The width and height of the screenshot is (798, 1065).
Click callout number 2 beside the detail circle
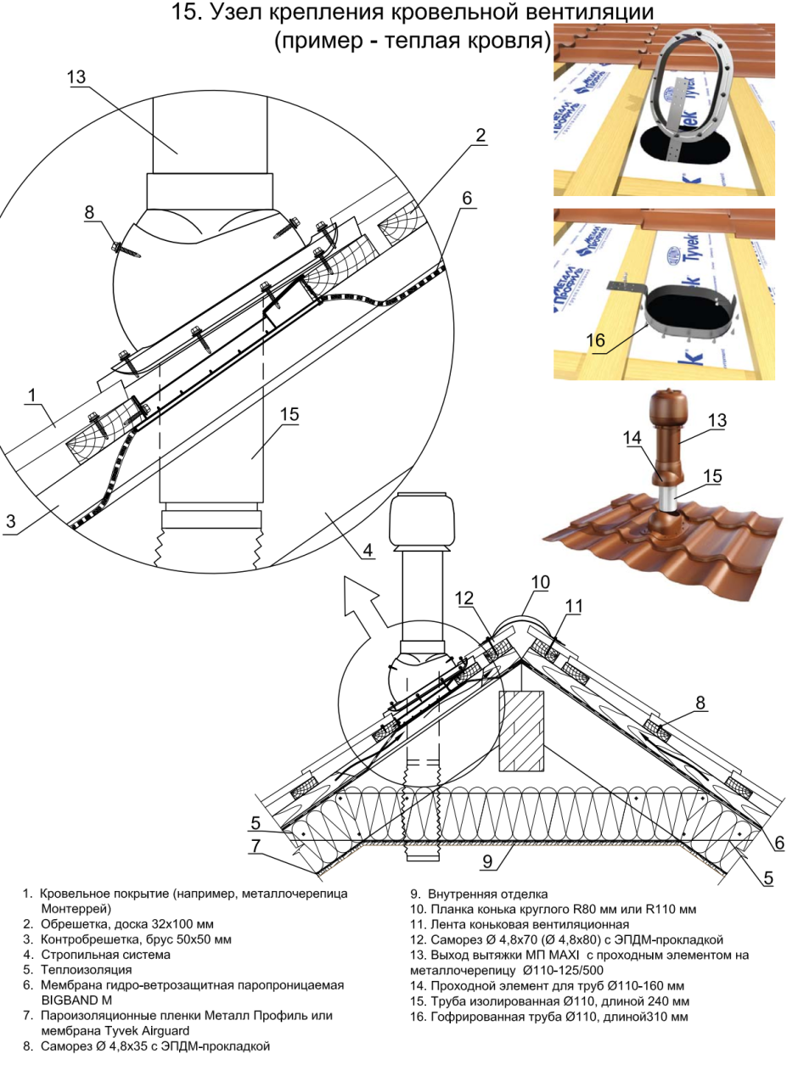pos(480,135)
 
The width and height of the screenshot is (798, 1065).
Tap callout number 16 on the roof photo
pos(596,339)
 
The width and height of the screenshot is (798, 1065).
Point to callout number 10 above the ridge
pos(540,582)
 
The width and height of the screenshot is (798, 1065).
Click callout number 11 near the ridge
pos(575,607)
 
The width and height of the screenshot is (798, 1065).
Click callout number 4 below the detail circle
pos(366,550)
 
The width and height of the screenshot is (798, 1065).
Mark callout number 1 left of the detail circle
pos(31,394)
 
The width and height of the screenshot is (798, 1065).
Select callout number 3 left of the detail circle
pos(11,521)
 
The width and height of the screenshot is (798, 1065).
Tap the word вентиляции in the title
pos(585,14)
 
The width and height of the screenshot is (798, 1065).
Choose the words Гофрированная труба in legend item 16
pos(492,1016)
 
